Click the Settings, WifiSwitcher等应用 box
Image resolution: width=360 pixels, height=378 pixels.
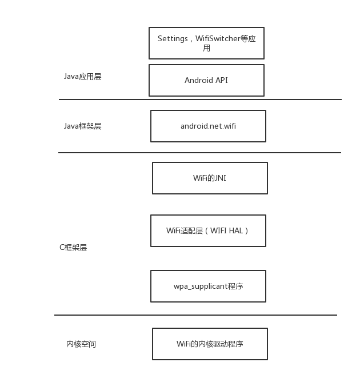(x=206, y=43)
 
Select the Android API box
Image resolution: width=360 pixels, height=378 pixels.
(x=206, y=80)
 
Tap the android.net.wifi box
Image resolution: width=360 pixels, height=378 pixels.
(x=208, y=126)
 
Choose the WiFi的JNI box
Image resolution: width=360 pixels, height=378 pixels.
(x=210, y=178)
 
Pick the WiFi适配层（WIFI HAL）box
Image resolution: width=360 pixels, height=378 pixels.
(x=208, y=230)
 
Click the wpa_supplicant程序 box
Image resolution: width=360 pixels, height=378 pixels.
(x=208, y=286)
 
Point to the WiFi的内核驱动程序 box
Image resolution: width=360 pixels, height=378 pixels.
(x=210, y=344)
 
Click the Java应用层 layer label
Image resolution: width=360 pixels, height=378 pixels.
(x=82, y=76)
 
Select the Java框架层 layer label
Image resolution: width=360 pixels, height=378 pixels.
(x=82, y=126)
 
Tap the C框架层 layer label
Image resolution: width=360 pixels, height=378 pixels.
(x=73, y=248)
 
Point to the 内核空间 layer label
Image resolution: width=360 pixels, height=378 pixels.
(x=81, y=344)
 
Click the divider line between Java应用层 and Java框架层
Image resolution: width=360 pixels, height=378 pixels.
(x=200, y=100)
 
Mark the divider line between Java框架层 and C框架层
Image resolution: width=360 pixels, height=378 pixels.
(x=200, y=153)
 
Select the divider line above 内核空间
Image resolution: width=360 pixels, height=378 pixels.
(x=195, y=315)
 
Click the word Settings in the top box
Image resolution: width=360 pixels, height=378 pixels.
(x=173, y=39)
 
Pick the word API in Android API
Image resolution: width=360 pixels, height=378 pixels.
(x=221, y=80)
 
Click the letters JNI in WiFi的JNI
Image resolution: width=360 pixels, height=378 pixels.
(x=220, y=178)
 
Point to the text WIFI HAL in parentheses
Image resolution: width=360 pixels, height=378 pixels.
(x=227, y=230)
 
